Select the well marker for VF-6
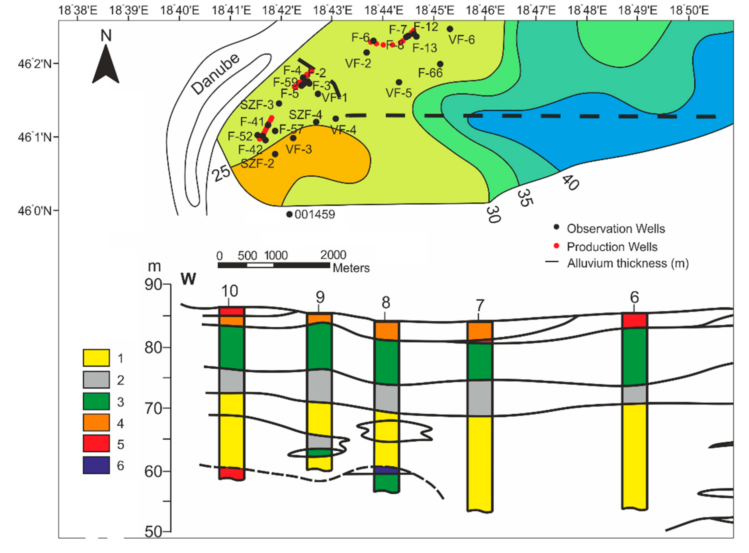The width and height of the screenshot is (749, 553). [450, 29]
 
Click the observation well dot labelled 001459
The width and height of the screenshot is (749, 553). [289, 214]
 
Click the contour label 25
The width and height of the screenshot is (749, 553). [222, 173]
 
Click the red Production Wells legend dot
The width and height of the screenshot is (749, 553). [556, 246]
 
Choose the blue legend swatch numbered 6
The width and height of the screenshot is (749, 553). [96, 465]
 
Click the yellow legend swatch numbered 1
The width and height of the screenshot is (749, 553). [96, 358]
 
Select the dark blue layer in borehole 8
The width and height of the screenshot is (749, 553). [386, 470]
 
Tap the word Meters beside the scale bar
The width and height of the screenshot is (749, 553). [351, 268]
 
